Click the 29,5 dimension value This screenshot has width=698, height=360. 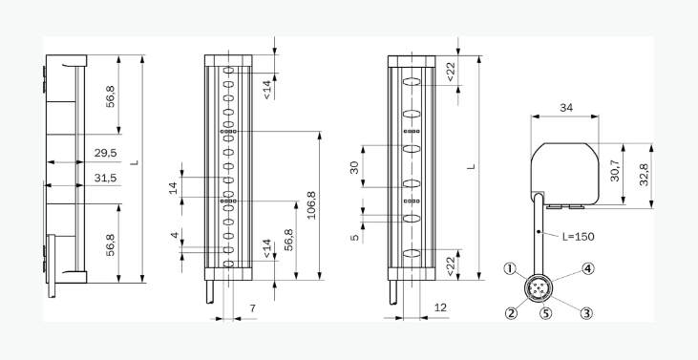[x=105, y=153]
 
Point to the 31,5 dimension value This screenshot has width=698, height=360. [x=105, y=178]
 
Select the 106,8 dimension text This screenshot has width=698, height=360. [x=311, y=205]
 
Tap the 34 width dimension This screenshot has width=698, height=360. [x=566, y=108]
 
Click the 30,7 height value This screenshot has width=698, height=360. [x=615, y=170]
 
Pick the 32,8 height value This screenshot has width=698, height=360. [x=644, y=175]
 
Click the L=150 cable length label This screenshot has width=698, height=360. [x=578, y=236]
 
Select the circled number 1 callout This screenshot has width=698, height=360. [x=510, y=268]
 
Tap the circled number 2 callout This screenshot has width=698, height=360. [x=511, y=313]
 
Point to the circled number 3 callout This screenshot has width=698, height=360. [x=586, y=313]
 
